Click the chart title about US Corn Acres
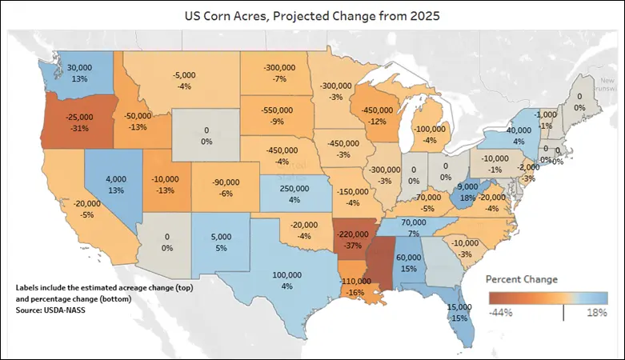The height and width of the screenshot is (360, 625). (311, 14)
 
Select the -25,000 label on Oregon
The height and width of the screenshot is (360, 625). (78, 117)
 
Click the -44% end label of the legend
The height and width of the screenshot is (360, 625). (501, 312)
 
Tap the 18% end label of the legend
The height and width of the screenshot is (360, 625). (596, 312)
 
